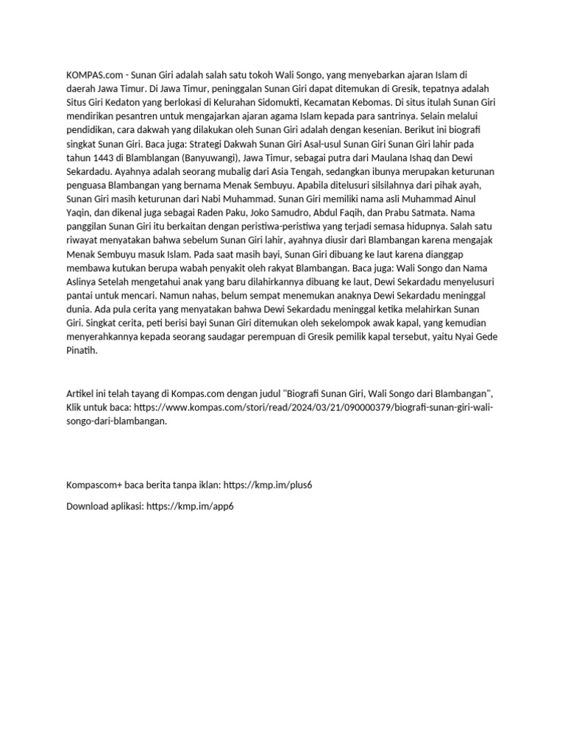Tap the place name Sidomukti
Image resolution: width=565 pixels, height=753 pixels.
302,103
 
